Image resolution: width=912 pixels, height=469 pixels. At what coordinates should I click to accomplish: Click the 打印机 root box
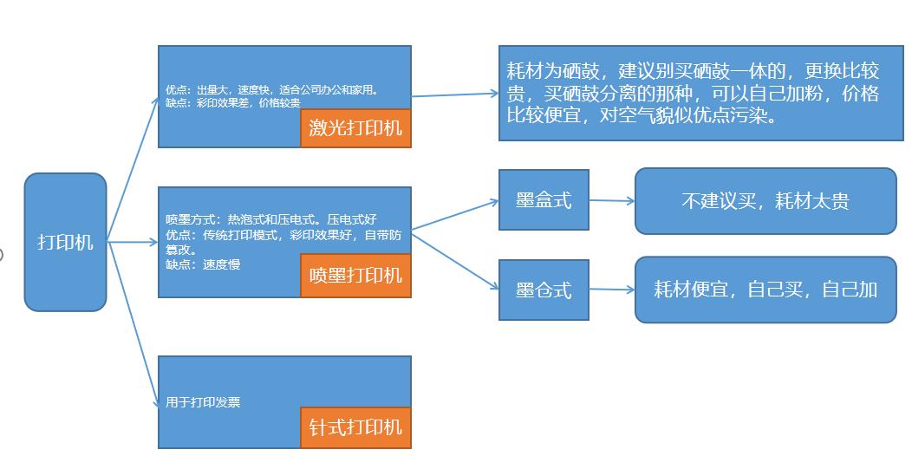pyautogui.click(x=65, y=242)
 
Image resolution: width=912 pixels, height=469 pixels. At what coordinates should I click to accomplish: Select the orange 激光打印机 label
pyautogui.click(x=355, y=128)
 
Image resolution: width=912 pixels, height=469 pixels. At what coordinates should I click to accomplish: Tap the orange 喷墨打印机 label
pyautogui.click(x=355, y=276)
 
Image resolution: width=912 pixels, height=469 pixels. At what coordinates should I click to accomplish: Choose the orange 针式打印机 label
pyautogui.click(x=355, y=427)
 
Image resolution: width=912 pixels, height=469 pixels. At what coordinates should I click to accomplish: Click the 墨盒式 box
pyautogui.click(x=544, y=200)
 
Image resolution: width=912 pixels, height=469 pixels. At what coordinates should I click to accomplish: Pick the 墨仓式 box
pyautogui.click(x=544, y=290)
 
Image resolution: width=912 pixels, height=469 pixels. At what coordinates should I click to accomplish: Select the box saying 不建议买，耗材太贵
pyautogui.click(x=765, y=201)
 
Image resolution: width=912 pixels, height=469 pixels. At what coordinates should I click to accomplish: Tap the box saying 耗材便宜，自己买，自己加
pyautogui.click(x=765, y=290)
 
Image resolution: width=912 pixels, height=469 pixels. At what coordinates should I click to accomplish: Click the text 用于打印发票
pyautogui.click(x=203, y=402)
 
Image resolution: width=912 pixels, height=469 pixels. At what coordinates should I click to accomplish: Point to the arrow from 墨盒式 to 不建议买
pyautogui.click(x=612, y=200)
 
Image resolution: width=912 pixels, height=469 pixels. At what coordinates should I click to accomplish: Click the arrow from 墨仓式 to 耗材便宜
pyautogui.click(x=612, y=290)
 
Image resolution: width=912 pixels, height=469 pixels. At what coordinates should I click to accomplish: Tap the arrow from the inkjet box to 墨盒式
pyautogui.click(x=455, y=216)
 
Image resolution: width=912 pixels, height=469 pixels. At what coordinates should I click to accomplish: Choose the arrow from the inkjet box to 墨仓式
pyautogui.click(x=455, y=258)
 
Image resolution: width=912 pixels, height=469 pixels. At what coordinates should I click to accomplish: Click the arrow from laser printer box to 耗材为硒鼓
pyautogui.click(x=455, y=94)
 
